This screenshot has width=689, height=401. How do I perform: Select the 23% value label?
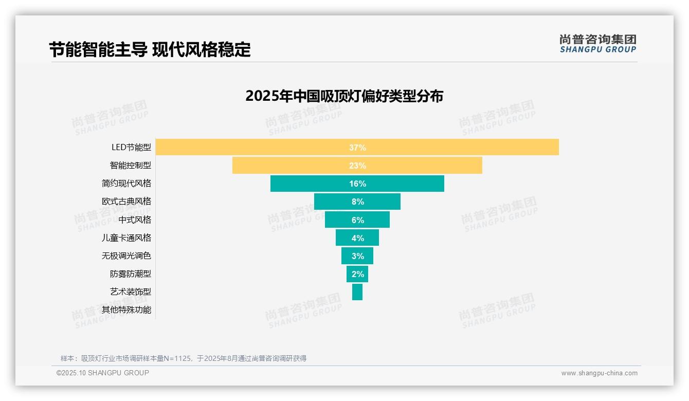(357, 166)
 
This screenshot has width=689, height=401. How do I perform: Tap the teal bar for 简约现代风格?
(309, 184)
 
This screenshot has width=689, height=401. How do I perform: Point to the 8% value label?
(358, 202)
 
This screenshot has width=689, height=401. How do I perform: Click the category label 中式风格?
(135, 220)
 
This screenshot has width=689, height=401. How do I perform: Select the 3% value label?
(358, 256)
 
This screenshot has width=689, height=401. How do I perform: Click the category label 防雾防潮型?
(131, 274)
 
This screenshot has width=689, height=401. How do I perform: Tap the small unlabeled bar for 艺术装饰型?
(357, 292)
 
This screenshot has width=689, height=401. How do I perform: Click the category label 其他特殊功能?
(126, 309)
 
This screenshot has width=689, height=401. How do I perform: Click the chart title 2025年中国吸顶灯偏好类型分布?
(344, 96)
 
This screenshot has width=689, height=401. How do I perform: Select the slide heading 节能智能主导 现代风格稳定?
(150, 50)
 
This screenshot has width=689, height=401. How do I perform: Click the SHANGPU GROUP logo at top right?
(597, 43)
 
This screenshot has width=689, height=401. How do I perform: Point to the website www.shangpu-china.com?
(599, 373)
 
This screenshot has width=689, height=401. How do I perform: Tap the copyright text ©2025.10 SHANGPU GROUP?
(103, 373)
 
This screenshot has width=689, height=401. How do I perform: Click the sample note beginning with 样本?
(184, 358)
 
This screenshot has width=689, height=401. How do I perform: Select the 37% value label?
(357, 148)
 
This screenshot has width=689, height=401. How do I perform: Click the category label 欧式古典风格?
(126, 202)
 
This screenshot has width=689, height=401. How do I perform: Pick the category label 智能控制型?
(131, 166)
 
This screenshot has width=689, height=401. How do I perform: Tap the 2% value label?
(358, 274)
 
